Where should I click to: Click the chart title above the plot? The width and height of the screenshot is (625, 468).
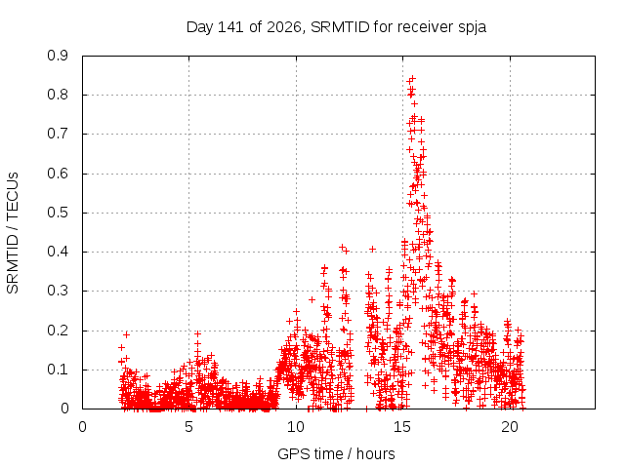coord(336,27)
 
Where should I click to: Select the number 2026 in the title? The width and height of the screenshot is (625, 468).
coord(284,27)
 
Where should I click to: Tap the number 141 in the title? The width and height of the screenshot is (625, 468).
coord(231,27)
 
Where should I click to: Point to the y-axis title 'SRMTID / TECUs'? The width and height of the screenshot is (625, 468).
coord(13,233)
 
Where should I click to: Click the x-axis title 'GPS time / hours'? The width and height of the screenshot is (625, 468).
coord(336,454)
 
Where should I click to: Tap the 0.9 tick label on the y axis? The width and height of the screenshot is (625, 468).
coord(58,56)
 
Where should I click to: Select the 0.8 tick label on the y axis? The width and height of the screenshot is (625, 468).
coord(58,95)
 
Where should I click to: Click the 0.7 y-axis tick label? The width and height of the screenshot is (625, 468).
coord(58,134)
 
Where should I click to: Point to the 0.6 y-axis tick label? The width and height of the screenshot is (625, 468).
coord(58,174)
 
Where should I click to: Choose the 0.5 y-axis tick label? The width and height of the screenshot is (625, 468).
coord(58,213)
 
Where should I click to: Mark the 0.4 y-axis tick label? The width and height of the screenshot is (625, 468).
coord(58,252)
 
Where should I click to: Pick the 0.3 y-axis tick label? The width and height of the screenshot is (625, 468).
coord(58,291)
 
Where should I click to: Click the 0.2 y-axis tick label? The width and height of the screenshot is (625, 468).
coord(58,331)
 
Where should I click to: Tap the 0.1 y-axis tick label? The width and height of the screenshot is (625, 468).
coord(58,370)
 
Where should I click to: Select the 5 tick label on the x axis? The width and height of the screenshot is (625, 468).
coord(188,427)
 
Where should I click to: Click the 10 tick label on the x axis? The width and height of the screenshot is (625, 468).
coord(296,427)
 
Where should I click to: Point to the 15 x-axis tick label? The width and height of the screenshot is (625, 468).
coord(402,427)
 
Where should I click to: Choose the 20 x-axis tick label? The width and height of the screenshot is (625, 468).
coord(510,427)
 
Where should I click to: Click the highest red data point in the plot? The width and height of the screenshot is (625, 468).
coord(412,78)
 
